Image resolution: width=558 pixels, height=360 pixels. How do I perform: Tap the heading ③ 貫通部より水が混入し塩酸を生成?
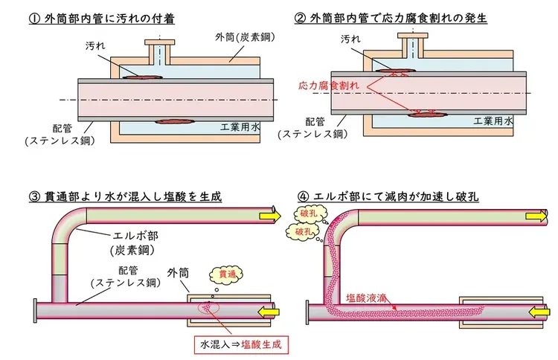coord(126,196)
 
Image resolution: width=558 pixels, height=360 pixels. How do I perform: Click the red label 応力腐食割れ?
coord(327,86)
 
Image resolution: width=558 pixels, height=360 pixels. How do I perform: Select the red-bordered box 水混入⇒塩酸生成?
coord(242,344)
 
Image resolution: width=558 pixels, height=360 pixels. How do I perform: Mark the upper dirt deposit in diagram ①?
coord(141,76)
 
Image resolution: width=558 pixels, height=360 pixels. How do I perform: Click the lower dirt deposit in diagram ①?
coord(173,121)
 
